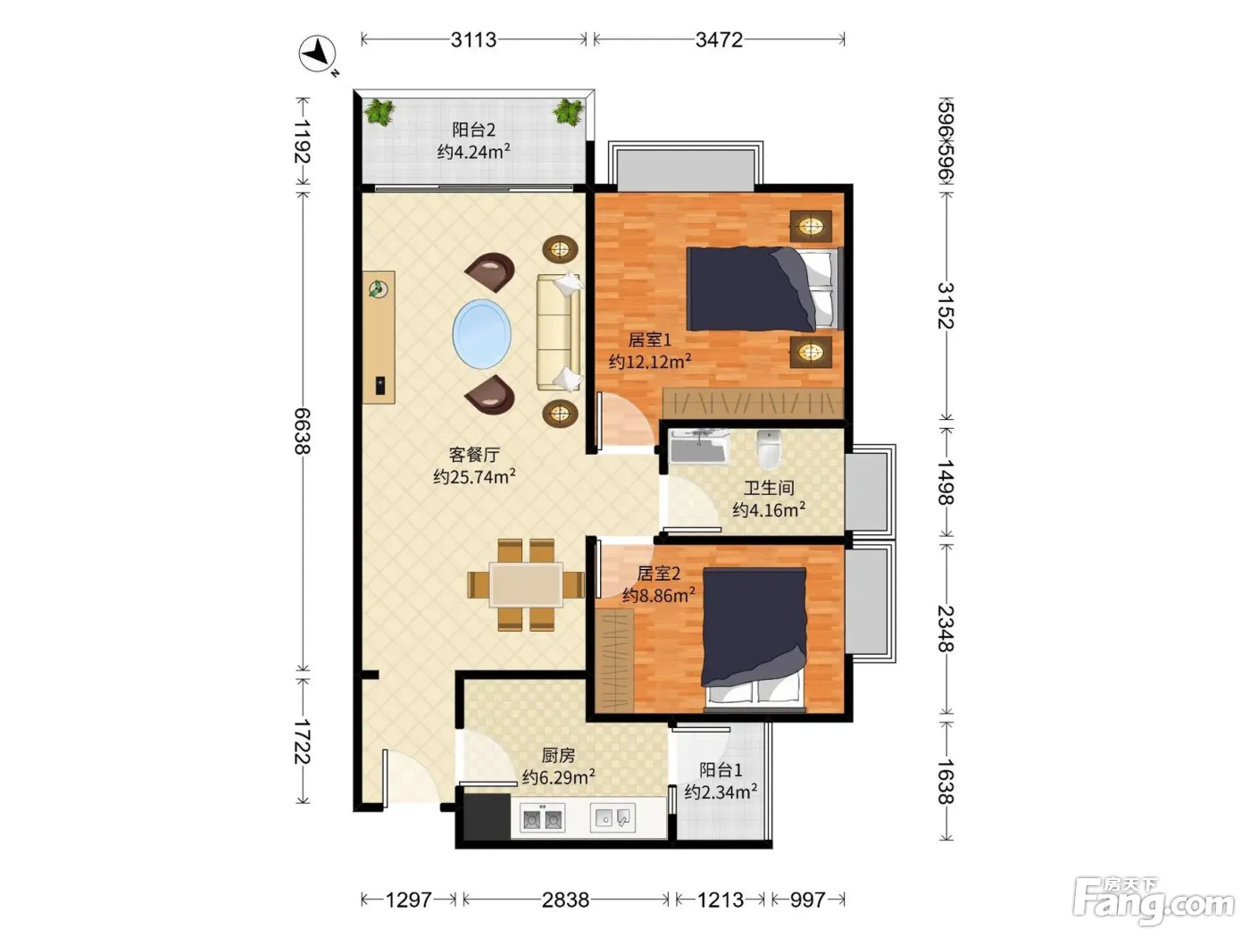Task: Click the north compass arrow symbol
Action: pos(318,54)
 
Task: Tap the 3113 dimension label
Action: pos(473,40)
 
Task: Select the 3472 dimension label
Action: pos(719,40)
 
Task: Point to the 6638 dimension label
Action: pos(302,431)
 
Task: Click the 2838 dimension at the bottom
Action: pos(565,900)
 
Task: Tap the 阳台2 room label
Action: pos(473,130)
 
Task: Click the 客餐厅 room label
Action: pos(474,455)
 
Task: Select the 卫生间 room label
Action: pos(769,488)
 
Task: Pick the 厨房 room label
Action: pos(558,755)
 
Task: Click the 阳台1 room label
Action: pos(721,770)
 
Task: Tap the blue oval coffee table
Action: pos(482,334)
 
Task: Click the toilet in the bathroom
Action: pos(769,448)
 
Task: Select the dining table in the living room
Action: pos(526,585)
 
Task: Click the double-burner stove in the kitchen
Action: pos(542,819)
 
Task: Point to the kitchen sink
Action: pos(612,818)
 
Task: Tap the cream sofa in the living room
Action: pos(559,332)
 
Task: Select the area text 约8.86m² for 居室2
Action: pos(658,596)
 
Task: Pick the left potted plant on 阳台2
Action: pos(379,113)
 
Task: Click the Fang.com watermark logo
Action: pos(1153,900)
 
